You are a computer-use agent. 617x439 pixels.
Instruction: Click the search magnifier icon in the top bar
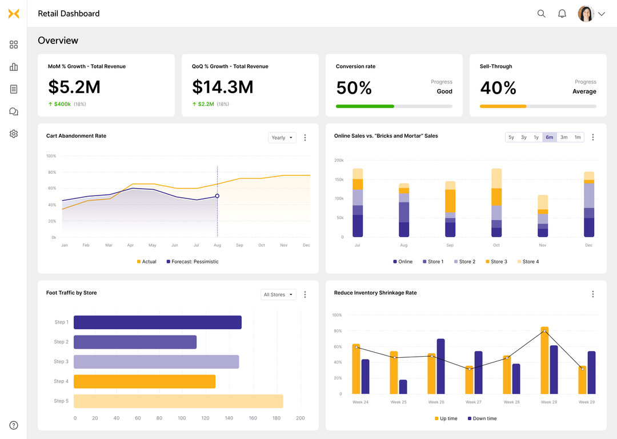click(541, 14)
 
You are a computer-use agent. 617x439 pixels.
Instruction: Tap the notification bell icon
click(562, 14)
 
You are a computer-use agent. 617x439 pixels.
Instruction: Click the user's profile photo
click(586, 14)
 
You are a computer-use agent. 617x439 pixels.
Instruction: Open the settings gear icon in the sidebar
click(14, 134)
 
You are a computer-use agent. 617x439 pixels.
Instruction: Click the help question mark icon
click(14, 425)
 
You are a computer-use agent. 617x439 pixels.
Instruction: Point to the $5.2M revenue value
click(74, 87)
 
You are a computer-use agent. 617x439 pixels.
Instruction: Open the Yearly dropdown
click(282, 138)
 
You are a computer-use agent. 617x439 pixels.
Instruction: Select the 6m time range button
click(549, 137)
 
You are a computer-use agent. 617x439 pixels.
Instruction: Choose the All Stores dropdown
click(278, 294)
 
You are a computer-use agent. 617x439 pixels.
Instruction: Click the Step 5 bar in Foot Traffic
click(178, 401)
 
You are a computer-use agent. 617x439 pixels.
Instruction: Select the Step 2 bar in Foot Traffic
click(135, 342)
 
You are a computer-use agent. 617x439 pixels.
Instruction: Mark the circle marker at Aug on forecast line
click(217, 196)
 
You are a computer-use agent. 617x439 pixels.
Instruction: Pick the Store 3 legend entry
click(495, 262)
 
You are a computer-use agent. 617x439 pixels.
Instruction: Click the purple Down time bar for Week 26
click(440, 366)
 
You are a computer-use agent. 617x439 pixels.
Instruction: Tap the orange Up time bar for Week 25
click(394, 372)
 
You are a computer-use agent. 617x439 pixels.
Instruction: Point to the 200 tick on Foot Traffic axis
click(300, 418)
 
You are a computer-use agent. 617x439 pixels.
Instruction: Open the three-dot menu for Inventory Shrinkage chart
click(592, 294)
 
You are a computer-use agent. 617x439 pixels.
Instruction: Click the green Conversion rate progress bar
click(365, 106)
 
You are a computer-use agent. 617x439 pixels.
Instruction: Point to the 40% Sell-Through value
click(498, 88)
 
